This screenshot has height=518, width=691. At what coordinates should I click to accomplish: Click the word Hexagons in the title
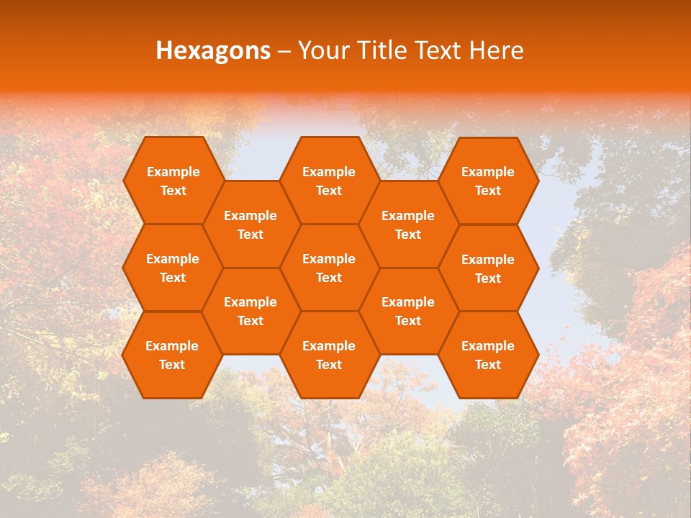[213, 50]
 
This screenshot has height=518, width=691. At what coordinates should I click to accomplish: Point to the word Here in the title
[496, 50]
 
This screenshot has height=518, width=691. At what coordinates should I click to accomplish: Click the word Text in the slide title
[438, 50]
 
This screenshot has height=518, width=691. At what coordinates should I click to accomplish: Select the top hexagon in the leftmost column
[173, 181]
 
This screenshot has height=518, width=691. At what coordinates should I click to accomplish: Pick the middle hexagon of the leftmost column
[173, 268]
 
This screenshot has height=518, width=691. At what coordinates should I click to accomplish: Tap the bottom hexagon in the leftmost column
[172, 355]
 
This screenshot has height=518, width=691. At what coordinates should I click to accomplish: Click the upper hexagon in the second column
[250, 224]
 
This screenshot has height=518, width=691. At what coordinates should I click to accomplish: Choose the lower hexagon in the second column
[250, 311]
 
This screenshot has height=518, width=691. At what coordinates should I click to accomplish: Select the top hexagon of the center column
[329, 181]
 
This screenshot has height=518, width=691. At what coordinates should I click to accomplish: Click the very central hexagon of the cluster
[329, 268]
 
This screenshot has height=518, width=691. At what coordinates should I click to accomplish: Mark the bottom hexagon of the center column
[329, 355]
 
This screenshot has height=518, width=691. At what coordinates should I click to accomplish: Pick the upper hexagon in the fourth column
[408, 224]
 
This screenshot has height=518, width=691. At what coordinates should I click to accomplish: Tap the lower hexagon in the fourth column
[408, 311]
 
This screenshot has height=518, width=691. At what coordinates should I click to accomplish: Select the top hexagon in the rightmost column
[488, 181]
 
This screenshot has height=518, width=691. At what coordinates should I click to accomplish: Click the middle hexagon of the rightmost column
[488, 268]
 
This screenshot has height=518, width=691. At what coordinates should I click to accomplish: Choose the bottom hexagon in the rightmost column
[488, 355]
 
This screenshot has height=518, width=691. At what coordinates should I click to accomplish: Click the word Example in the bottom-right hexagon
[488, 346]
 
